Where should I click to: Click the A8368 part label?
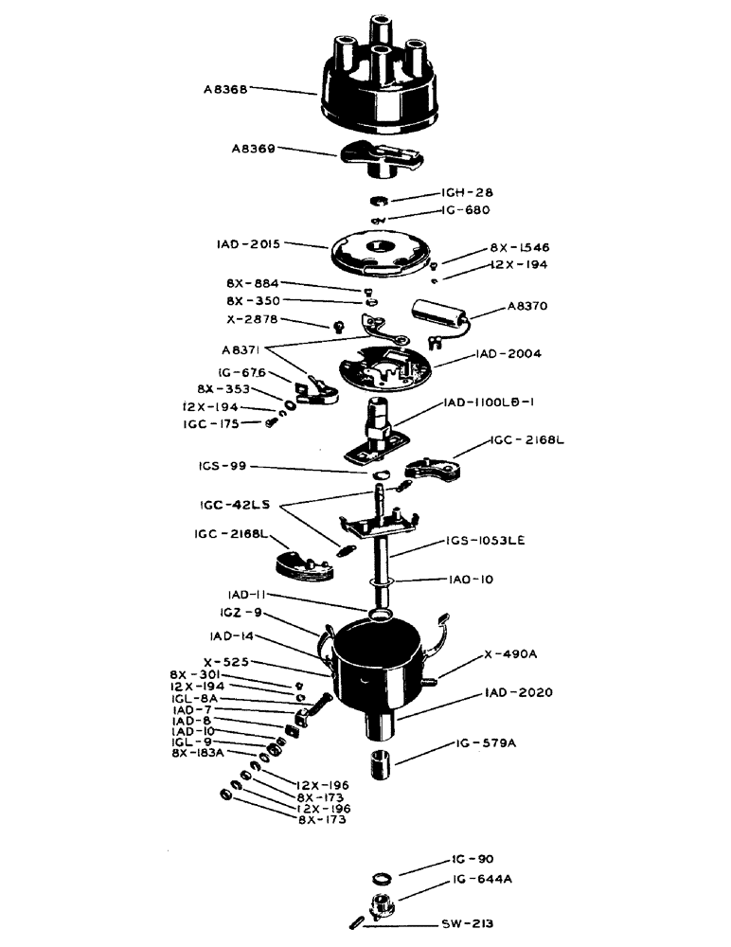[x=224, y=90]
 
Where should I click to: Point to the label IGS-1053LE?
[x=478, y=541]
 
